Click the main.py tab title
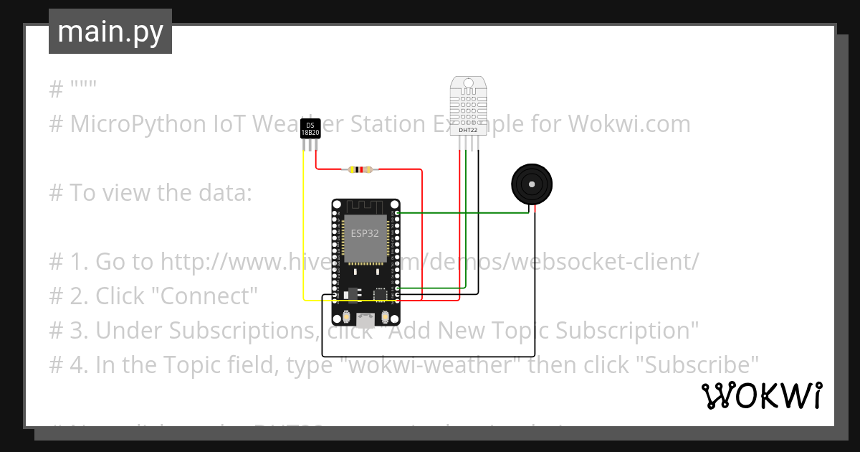(x=110, y=32)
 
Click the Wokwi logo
(x=761, y=395)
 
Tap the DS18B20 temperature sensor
(x=310, y=128)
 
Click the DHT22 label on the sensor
(x=468, y=130)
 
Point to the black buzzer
(x=532, y=185)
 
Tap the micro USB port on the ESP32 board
(x=366, y=320)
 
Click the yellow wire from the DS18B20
(x=303, y=230)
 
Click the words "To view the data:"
(x=161, y=193)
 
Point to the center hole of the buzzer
(x=532, y=184)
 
